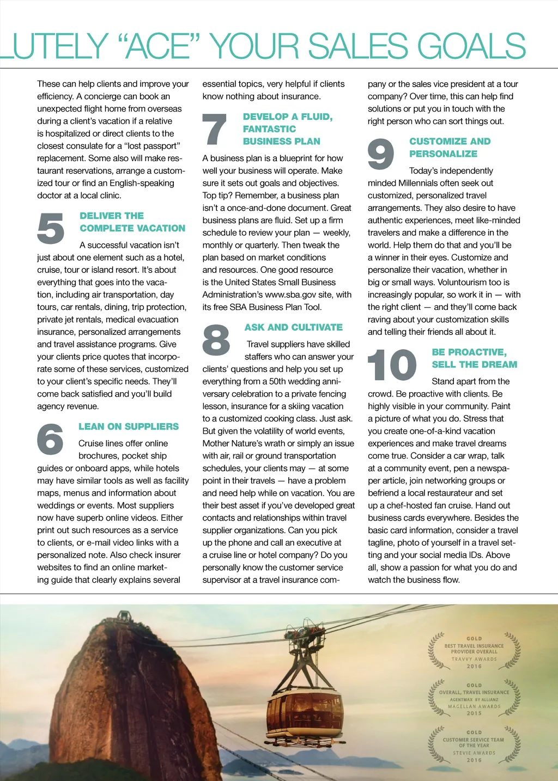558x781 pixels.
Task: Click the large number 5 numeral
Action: pos(51,228)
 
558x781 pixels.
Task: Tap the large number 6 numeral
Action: pos(50,440)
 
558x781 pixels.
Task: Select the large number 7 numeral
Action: pos(214,129)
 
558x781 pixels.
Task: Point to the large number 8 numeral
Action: pos(216,340)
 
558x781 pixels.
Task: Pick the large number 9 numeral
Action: pos(380,154)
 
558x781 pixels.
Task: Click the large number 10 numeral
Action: pos(392,365)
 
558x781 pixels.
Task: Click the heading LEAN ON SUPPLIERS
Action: pos(129,426)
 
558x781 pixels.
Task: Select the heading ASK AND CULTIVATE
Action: pos(294,327)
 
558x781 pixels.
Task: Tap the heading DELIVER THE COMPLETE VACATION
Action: pos(132,222)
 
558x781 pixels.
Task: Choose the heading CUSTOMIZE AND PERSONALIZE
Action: pos(450,148)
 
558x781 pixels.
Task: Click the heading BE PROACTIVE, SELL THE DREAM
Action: pos(474,358)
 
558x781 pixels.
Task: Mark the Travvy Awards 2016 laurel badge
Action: pos(474,651)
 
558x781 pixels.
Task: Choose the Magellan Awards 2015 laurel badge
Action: pos(474,698)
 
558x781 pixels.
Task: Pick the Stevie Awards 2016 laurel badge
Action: pos(474,745)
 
